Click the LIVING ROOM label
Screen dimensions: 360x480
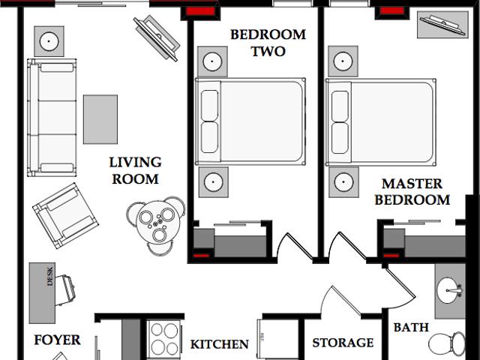coord(135,170)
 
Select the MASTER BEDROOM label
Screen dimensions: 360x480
coord(412,192)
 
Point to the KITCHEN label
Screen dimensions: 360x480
coord(219,345)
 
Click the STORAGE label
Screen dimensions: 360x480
coord(343,343)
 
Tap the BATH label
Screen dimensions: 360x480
coord(411,328)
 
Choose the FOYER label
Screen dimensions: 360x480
coord(57,340)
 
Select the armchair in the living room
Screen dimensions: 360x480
coord(65,215)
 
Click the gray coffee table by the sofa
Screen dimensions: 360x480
coord(100,118)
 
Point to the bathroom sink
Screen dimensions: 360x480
coord(451,289)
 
